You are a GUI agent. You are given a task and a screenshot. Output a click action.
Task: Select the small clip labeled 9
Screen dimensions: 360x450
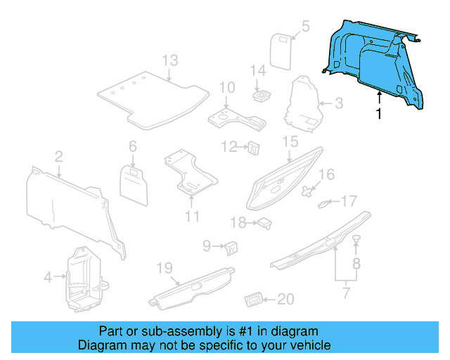[x=231, y=246]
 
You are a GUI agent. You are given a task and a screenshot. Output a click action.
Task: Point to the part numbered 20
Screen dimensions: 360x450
[x=252, y=300]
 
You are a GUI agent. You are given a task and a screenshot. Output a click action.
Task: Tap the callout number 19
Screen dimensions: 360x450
[x=163, y=267]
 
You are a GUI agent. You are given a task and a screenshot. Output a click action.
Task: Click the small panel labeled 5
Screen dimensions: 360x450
[x=281, y=50]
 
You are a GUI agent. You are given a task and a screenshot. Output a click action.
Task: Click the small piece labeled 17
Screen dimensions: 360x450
[x=325, y=204]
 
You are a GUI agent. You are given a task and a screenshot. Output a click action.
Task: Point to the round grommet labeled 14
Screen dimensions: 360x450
[x=262, y=94]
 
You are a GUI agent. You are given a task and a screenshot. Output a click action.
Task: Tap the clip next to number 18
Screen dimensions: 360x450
[x=265, y=223]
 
